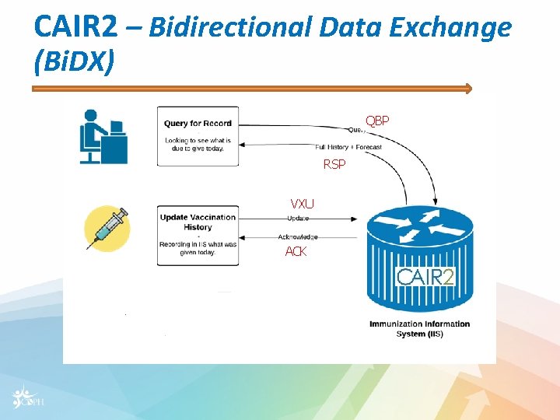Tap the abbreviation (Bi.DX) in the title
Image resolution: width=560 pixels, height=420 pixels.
[x=74, y=61]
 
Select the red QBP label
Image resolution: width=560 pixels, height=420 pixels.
[x=377, y=121]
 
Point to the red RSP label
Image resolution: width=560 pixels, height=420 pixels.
[x=334, y=164]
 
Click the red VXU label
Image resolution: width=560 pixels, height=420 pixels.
[x=302, y=204]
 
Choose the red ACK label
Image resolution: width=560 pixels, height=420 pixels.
[x=296, y=251]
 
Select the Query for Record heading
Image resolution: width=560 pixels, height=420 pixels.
[x=198, y=123]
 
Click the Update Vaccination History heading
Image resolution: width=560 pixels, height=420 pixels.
[x=198, y=222]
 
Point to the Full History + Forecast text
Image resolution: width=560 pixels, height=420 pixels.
[x=348, y=147]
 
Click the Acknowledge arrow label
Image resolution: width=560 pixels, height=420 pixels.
[x=298, y=236]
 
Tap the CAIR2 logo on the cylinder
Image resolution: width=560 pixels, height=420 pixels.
[x=425, y=276]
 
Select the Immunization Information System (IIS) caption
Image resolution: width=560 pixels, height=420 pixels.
[x=419, y=328]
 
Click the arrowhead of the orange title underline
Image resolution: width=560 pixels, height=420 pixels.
[x=467, y=89]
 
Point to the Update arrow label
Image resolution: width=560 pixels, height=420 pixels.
[x=298, y=218]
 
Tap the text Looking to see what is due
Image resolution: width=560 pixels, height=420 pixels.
[x=194, y=144]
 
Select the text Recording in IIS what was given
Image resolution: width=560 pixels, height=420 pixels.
[x=198, y=248]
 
